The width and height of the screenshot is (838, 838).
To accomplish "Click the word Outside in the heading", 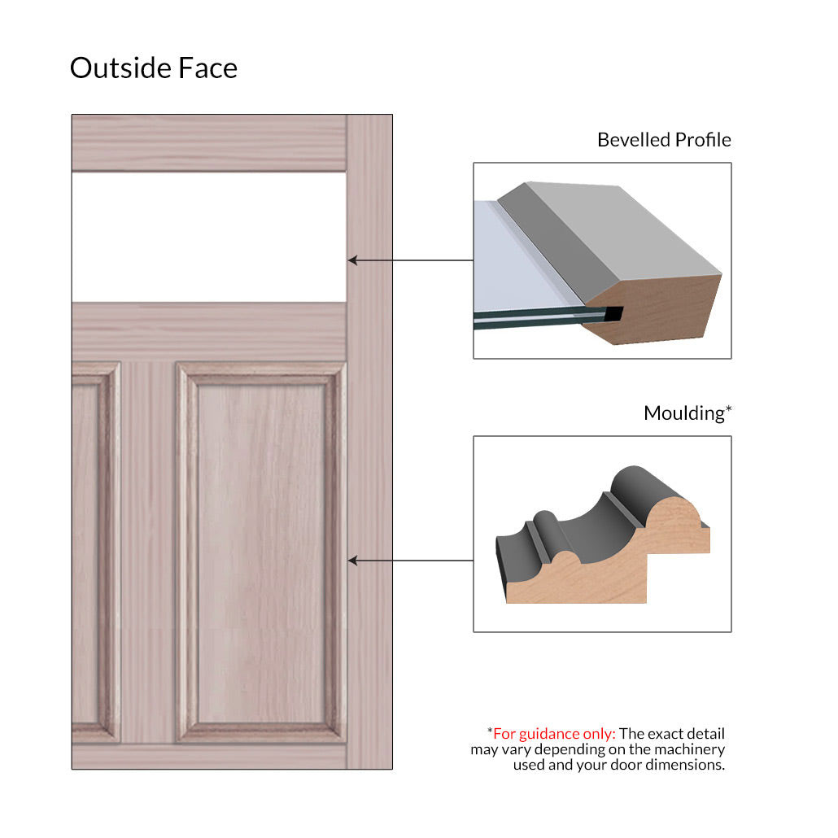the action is (x=120, y=68).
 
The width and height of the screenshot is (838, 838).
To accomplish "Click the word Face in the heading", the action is (x=208, y=68).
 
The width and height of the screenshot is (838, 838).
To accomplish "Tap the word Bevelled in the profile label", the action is (x=633, y=139).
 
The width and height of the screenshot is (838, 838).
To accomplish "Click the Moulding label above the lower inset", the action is (x=684, y=413).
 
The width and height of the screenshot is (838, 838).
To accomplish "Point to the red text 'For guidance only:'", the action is (x=554, y=733).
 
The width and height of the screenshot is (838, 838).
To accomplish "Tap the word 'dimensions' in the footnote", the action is (x=685, y=765).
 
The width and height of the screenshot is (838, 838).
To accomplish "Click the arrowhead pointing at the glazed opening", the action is (x=353, y=260).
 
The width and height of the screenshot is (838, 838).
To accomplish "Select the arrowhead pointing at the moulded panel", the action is (x=353, y=561).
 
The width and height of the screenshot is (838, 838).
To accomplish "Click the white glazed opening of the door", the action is (x=209, y=237).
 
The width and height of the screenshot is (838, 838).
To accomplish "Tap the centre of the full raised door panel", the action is (x=261, y=553).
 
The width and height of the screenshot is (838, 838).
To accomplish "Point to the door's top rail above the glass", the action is (x=209, y=142).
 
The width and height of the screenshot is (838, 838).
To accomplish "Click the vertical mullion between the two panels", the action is (x=148, y=553).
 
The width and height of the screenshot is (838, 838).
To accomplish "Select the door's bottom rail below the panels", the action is (x=209, y=756).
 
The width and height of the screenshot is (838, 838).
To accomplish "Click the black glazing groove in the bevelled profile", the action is (x=613, y=314).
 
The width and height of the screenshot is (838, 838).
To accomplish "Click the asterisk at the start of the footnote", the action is (x=490, y=730).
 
